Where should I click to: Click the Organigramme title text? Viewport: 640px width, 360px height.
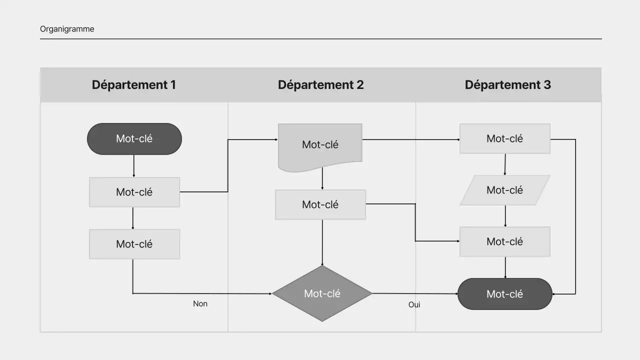(67, 29)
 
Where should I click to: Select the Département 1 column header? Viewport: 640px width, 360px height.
(133, 84)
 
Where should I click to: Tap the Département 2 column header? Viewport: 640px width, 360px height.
(320, 84)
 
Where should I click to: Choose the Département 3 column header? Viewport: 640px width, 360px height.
(507, 84)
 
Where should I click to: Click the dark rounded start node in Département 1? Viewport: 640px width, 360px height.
(134, 138)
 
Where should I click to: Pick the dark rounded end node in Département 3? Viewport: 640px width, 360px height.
(504, 294)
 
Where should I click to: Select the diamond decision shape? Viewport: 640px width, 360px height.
(322, 293)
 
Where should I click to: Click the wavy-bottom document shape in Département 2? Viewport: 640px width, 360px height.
(320, 145)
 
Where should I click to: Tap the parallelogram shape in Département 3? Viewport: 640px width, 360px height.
(504, 190)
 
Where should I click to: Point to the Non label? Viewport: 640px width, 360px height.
(200, 303)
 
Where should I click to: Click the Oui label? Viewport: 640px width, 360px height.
(414, 304)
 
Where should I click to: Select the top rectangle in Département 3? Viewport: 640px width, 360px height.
(504, 138)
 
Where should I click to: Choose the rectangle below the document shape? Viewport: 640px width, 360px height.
(320, 204)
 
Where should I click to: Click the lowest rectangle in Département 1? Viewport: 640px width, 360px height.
(134, 244)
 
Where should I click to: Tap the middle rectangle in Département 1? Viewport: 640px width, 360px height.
(134, 192)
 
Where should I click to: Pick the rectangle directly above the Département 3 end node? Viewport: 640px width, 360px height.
(504, 241)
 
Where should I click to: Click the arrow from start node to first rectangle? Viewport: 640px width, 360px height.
(133, 165)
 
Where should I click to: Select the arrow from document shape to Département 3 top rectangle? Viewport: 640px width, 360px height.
(410, 139)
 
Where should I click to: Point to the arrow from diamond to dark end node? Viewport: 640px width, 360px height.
(415, 293)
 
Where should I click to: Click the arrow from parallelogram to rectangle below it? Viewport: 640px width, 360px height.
(505, 215)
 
